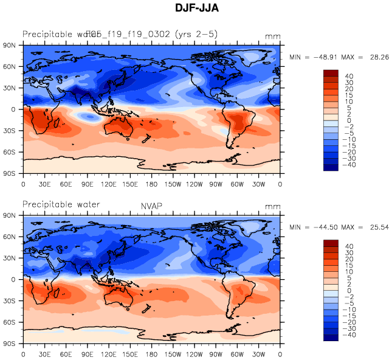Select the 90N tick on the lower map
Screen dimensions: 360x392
[10, 216]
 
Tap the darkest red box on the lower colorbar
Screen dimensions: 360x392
[331, 243]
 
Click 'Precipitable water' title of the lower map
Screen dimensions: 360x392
[61, 204]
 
